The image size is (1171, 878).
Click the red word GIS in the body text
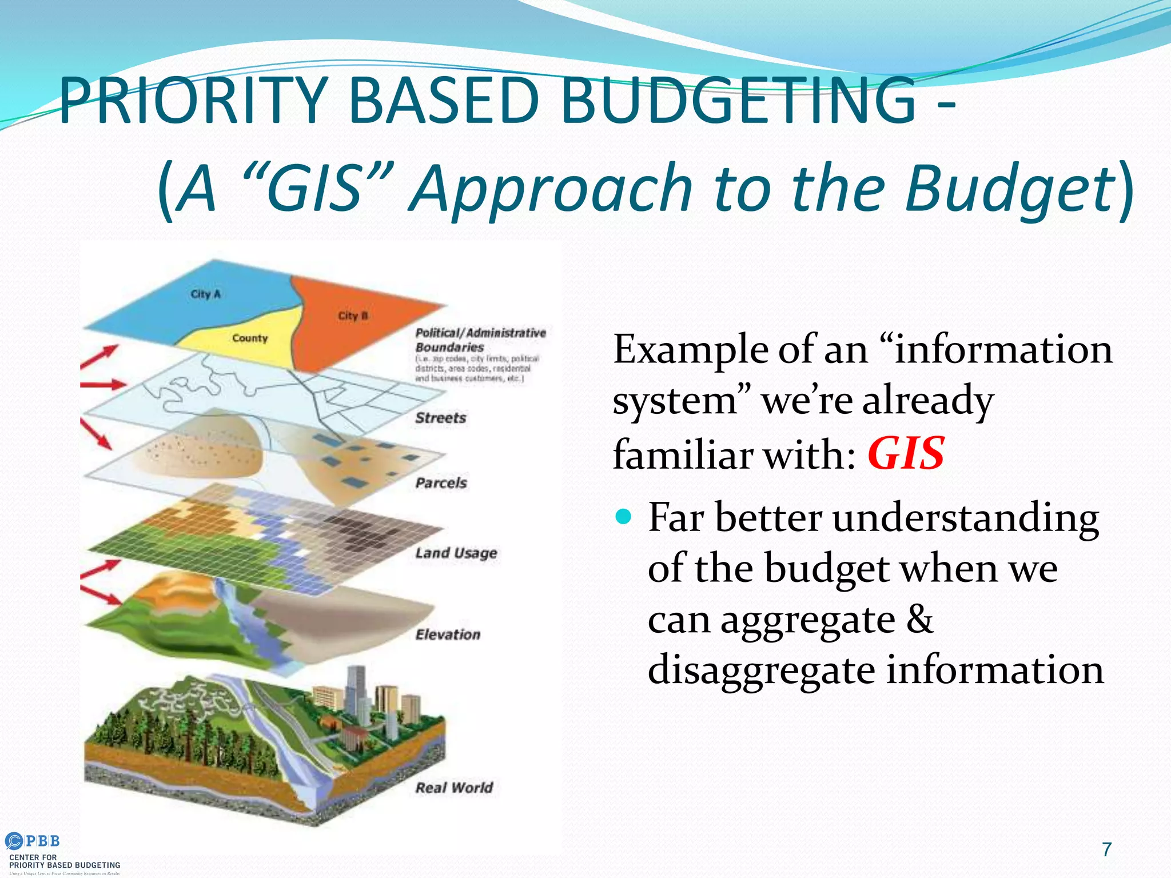click(x=906, y=454)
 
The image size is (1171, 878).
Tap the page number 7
click(x=1107, y=849)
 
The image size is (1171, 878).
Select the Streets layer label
click(x=440, y=418)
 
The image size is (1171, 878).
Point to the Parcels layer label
click(x=441, y=483)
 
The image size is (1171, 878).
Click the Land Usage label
click(x=456, y=553)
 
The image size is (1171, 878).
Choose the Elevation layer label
click(x=448, y=634)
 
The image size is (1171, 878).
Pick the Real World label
click(x=454, y=788)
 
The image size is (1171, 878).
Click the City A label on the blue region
click(x=205, y=294)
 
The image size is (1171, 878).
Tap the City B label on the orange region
click(x=353, y=316)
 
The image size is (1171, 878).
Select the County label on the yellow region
click(x=250, y=338)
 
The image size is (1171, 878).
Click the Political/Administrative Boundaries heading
click(x=480, y=340)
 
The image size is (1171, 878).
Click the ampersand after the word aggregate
click(x=919, y=618)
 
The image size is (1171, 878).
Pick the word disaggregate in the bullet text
click(x=761, y=670)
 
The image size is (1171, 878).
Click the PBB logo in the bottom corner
click(x=33, y=841)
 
